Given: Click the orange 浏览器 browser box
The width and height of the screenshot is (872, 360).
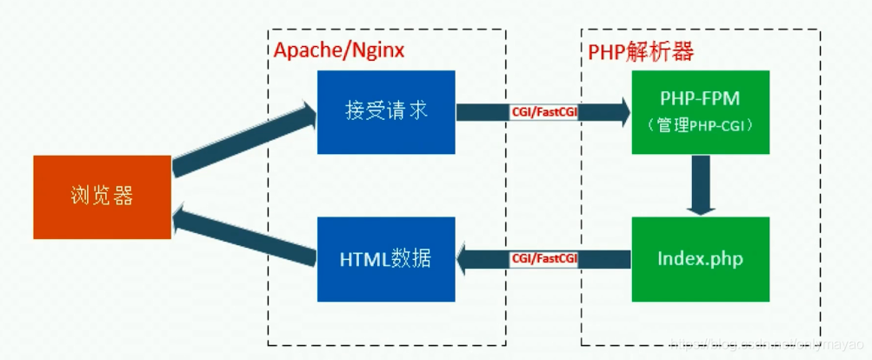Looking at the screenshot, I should tap(103, 197).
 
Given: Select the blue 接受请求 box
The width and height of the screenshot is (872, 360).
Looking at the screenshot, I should tap(386, 112).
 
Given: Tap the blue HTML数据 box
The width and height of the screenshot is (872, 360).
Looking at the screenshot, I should tap(386, 258).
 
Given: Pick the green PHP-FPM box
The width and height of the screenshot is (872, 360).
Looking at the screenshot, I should tap(701, 112).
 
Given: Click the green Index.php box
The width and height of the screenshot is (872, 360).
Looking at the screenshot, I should tap(701, 258).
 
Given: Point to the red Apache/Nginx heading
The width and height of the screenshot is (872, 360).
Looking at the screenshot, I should tap(339, 50).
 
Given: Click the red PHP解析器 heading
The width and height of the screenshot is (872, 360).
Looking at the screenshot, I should tap(641, 51).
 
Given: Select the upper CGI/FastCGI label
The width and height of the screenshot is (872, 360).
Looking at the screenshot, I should tap(544, 112).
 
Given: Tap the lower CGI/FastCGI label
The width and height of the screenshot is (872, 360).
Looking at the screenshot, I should tap(544, 258).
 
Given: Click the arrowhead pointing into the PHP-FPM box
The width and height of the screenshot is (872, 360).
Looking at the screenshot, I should tap(621, 112).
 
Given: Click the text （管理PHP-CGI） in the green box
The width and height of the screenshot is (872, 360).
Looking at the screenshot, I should tap(701, 126).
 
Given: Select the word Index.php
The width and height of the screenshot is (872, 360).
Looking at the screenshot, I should tap(701, 258).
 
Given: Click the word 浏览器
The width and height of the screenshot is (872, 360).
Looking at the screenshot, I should tap(103, 197).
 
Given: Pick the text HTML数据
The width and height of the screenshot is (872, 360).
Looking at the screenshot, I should tap(386, 258).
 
